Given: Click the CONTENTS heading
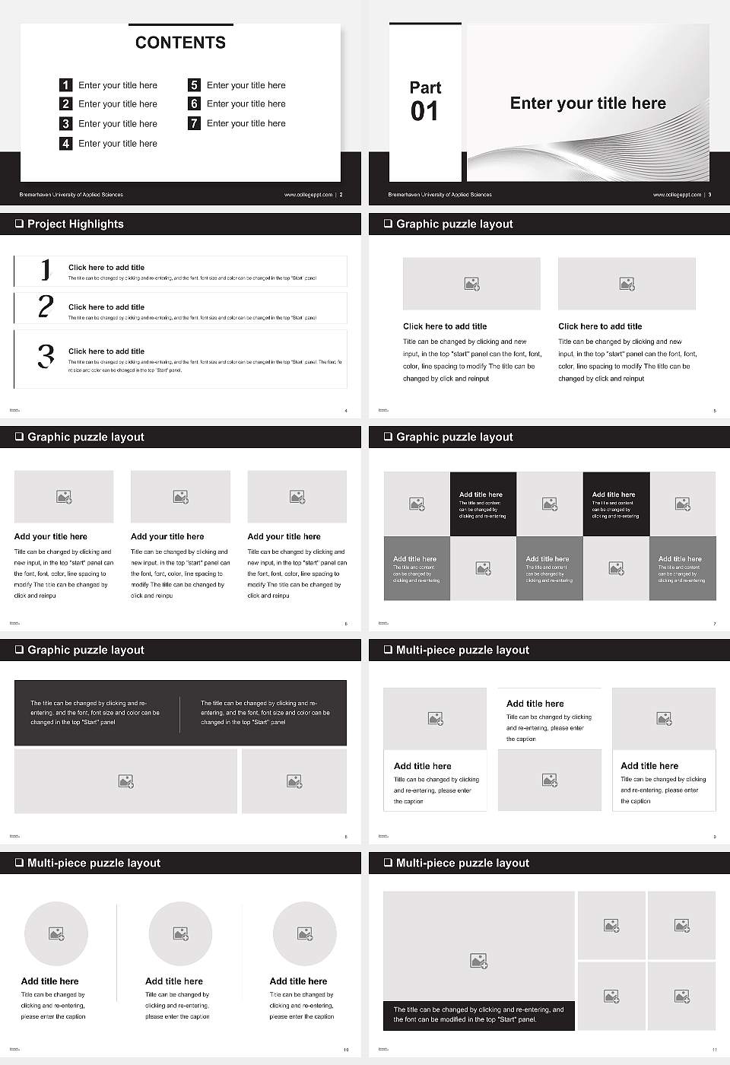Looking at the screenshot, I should [x=180, y=43].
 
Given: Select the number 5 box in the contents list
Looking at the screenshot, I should [x=195, y=85].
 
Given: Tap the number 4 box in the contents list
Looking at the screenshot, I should [x=66, y=143].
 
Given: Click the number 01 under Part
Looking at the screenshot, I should [x=424, y=112].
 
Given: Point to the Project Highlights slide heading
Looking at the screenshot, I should [x=75, y=224].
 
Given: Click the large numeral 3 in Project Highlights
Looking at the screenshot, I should [x=46, y=356].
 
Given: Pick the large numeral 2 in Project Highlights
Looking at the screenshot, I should [x=46, y=307].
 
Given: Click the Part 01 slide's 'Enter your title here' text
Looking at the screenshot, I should [x=588, y=103].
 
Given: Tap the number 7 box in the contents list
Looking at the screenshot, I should [x=195, y=123].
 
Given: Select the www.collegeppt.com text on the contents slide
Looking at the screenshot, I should [x=308, y=195].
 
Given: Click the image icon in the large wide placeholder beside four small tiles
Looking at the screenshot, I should [x=478, y=962].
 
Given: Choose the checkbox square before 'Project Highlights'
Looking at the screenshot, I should [x=19, y=224].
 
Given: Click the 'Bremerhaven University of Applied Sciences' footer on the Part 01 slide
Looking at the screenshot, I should [x=440, y=195].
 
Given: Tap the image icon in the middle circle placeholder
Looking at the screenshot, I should [x=180, y=933].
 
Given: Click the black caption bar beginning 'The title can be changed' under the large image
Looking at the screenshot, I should [x=478, y=1015].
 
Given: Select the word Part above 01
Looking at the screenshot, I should [x=425, y=87].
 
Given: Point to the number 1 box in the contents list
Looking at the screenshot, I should [x=66, y=85].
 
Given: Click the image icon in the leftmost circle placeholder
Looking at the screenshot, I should [x=56, y=933].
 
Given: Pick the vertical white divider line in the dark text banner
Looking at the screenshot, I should [x=180, y=714].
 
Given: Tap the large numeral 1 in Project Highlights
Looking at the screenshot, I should [x=46, y=269].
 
